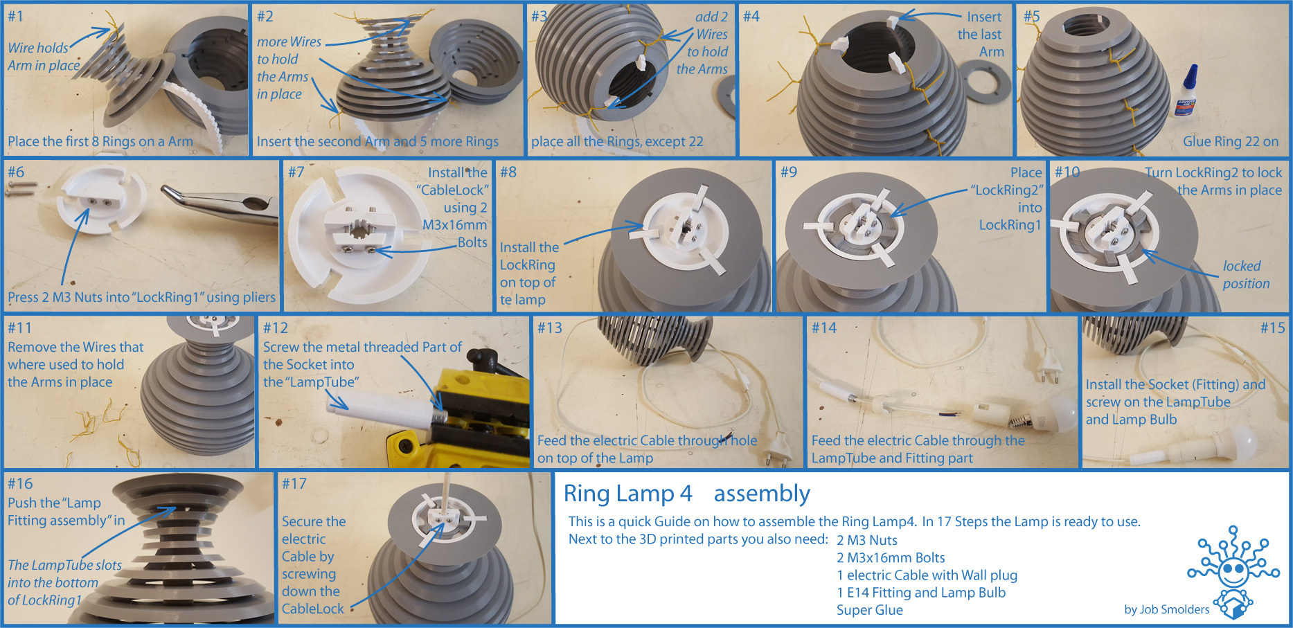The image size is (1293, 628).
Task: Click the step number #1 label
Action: [15, 16]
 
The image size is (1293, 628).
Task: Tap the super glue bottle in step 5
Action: [1188, 91]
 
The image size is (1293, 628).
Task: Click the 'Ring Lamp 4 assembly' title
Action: [686, 494]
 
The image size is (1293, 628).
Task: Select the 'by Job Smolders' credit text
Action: [1167, 609]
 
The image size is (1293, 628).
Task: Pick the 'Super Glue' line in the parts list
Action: [869, 610]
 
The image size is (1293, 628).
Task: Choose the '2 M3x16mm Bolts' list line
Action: [891, 557]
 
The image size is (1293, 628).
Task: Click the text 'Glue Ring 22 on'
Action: [1231, 141]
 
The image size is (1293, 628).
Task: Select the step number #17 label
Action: [294, 483]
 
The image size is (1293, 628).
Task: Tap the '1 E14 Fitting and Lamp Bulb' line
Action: [921, 593]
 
